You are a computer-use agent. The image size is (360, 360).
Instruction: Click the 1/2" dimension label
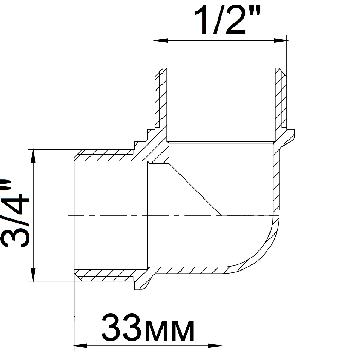(227, 20)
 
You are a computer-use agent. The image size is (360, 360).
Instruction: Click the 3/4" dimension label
(15, 213)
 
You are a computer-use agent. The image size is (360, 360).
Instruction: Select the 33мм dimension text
(148, 328)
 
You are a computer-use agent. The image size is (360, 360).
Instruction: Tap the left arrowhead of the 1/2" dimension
(161, 41)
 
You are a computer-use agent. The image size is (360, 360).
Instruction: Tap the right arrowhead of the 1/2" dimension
(280, 41)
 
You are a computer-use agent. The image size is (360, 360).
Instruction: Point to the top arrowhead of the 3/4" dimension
(33, 156)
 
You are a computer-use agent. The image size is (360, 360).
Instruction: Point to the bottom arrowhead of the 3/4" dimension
(33, 275)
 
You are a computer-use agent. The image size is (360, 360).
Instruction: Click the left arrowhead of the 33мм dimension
(80, 345)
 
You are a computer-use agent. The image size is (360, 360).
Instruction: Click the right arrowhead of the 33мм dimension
(214, 345)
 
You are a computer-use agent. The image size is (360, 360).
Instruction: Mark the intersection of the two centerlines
(221, 215)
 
